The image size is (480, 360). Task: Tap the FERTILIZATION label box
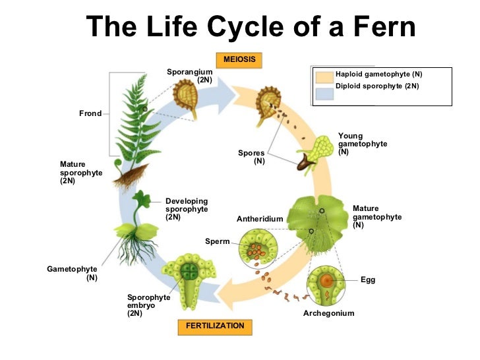click(215, 326)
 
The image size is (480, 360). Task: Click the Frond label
click(90, 113)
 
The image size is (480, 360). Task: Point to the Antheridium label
click(260, 219)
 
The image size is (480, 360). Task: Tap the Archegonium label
click(328, 313)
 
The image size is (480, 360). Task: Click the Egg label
click(368, 280)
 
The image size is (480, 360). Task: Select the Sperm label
click(217, 241)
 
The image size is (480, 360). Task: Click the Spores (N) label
click(251, 157)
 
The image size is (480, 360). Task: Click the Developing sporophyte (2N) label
click(187, 209)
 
